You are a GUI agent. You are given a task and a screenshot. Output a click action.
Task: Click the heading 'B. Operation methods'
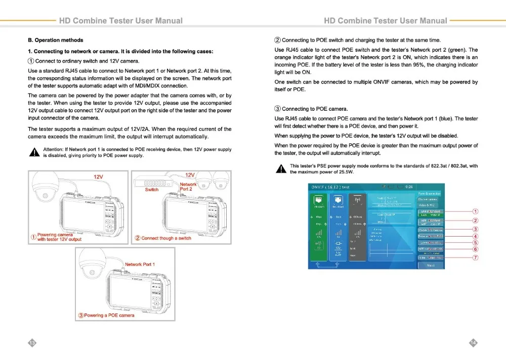(56, 40)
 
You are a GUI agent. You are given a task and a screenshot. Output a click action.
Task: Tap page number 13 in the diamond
(32, 343)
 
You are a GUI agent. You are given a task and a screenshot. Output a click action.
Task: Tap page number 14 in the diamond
(473, 343)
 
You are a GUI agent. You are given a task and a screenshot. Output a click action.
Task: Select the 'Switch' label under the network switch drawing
(151, 190)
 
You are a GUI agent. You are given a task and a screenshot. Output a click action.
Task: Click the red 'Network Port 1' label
(140, 264)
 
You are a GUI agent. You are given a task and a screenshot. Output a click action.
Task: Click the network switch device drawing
(152, 183)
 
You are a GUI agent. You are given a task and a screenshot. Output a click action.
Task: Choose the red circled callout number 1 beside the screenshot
(475, 211)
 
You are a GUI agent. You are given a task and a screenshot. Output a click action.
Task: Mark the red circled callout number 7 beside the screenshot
(475, 258)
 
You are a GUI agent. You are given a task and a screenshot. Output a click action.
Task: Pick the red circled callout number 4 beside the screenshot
(475, 236)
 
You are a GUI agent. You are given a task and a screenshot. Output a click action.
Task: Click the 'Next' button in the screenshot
(431, 265)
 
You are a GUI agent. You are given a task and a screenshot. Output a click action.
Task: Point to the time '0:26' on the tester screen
(409, 187)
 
